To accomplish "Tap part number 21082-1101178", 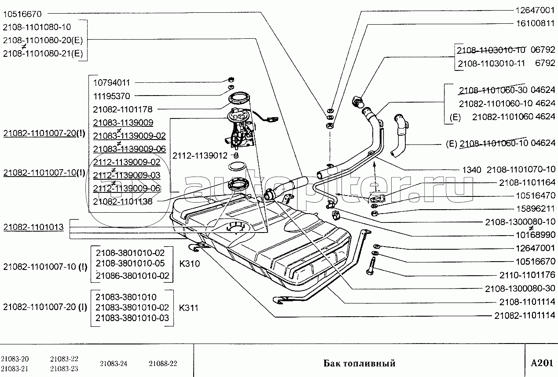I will click(x=123, y=109).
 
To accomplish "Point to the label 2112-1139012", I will click(x=200, y=155).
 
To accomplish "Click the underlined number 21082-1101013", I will click(x=33, y=227).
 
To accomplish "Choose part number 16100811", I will click(x=533, y=23).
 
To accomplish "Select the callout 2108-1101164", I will click(x=527, y=182).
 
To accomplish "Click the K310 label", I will click(x=189, y=264).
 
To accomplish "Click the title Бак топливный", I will click(x=359, y=363).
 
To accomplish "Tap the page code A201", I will click(x=541, y=363).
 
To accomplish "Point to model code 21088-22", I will click(x=163, y=363).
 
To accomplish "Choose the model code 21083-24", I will click(x=114, y=363).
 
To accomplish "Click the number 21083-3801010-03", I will click(x=132, y=318).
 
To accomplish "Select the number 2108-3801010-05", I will click(x=130, y=263).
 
